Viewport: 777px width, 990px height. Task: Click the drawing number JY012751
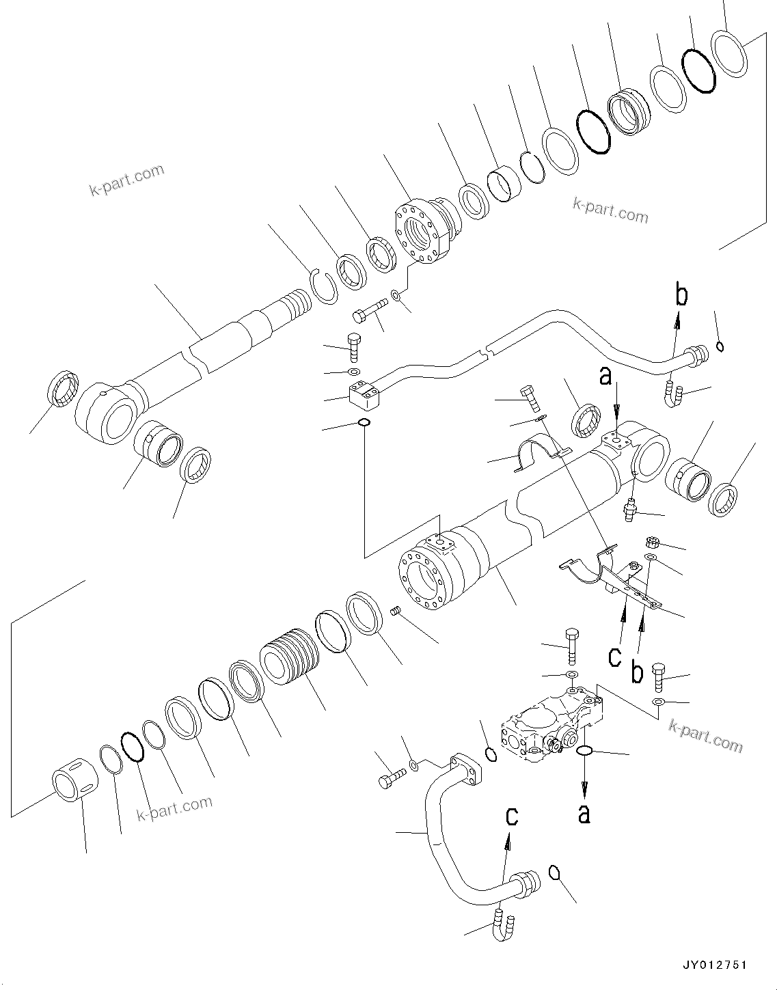click(x=715, y=965)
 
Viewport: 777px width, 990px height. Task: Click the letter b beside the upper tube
click(x=681, y=295)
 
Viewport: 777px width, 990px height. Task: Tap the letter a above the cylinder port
click(x=605, y=376)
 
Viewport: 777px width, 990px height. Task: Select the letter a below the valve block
click(x=584, y=812)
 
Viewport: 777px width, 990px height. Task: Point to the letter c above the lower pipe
click(x=511, y=816)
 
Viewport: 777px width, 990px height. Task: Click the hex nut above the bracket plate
click(x=652, y=544)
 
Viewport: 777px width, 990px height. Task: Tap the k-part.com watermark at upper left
click(x=127, y=179)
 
